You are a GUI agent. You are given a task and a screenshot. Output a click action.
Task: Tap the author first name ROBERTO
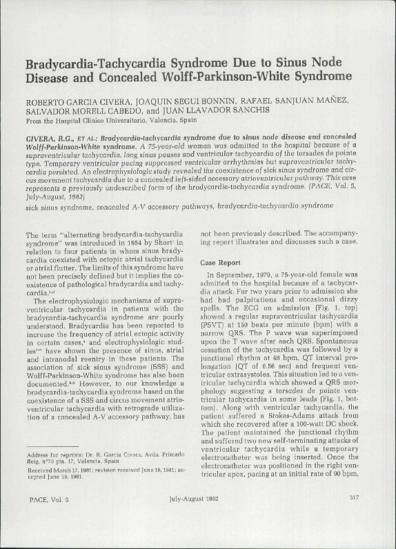point(46,101)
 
